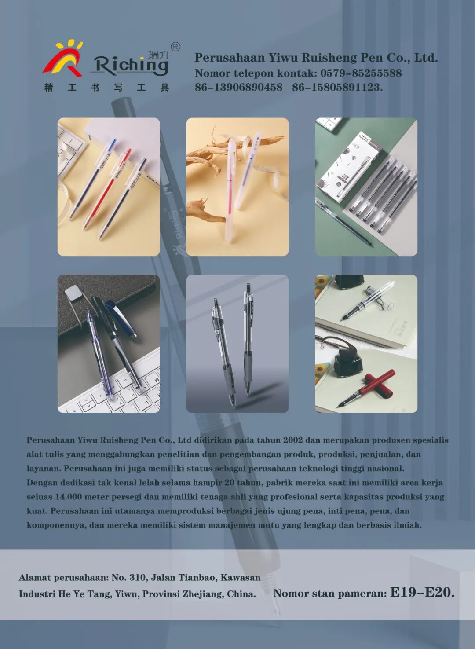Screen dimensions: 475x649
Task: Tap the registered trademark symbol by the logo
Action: (175, 47)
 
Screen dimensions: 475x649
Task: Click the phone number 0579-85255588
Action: (361, 73)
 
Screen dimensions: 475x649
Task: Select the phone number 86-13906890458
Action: (239, 87)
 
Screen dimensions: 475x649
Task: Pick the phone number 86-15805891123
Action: (337, 87)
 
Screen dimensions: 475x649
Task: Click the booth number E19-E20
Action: (422, 593)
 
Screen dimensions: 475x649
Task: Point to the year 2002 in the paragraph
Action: (293, 440)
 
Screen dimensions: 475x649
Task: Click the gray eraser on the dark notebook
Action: (72, 292)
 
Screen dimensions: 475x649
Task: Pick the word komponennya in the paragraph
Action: (56, 525)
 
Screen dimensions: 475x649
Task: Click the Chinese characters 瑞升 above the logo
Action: (158, 55)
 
